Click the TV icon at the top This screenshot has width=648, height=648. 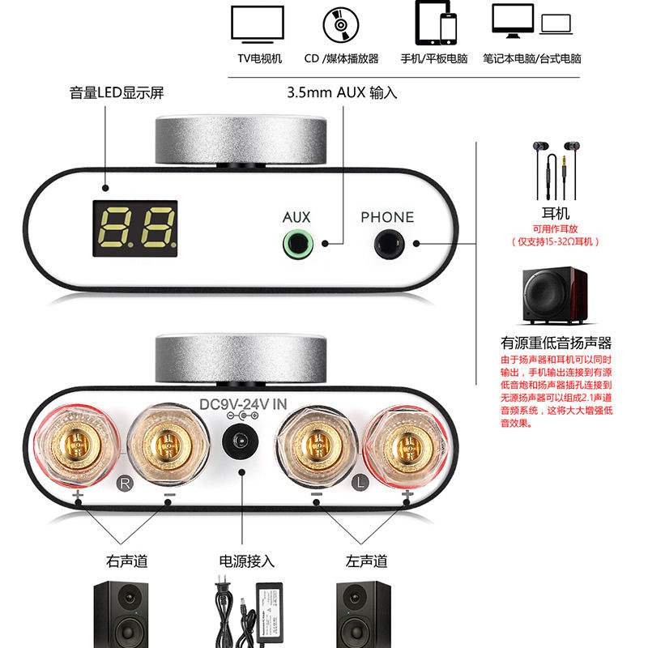[258, 24]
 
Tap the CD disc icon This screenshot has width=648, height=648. [341, 24]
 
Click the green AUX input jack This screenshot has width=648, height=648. [296, 242]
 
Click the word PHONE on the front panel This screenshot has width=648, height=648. [387, 217]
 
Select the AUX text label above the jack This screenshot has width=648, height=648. [296, 217]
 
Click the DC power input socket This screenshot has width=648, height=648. [241, 444]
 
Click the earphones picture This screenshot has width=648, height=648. [556, 172]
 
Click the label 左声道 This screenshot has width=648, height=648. [366, 561]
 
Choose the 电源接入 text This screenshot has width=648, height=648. [247, 561]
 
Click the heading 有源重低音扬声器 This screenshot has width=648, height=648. [556, 343]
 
